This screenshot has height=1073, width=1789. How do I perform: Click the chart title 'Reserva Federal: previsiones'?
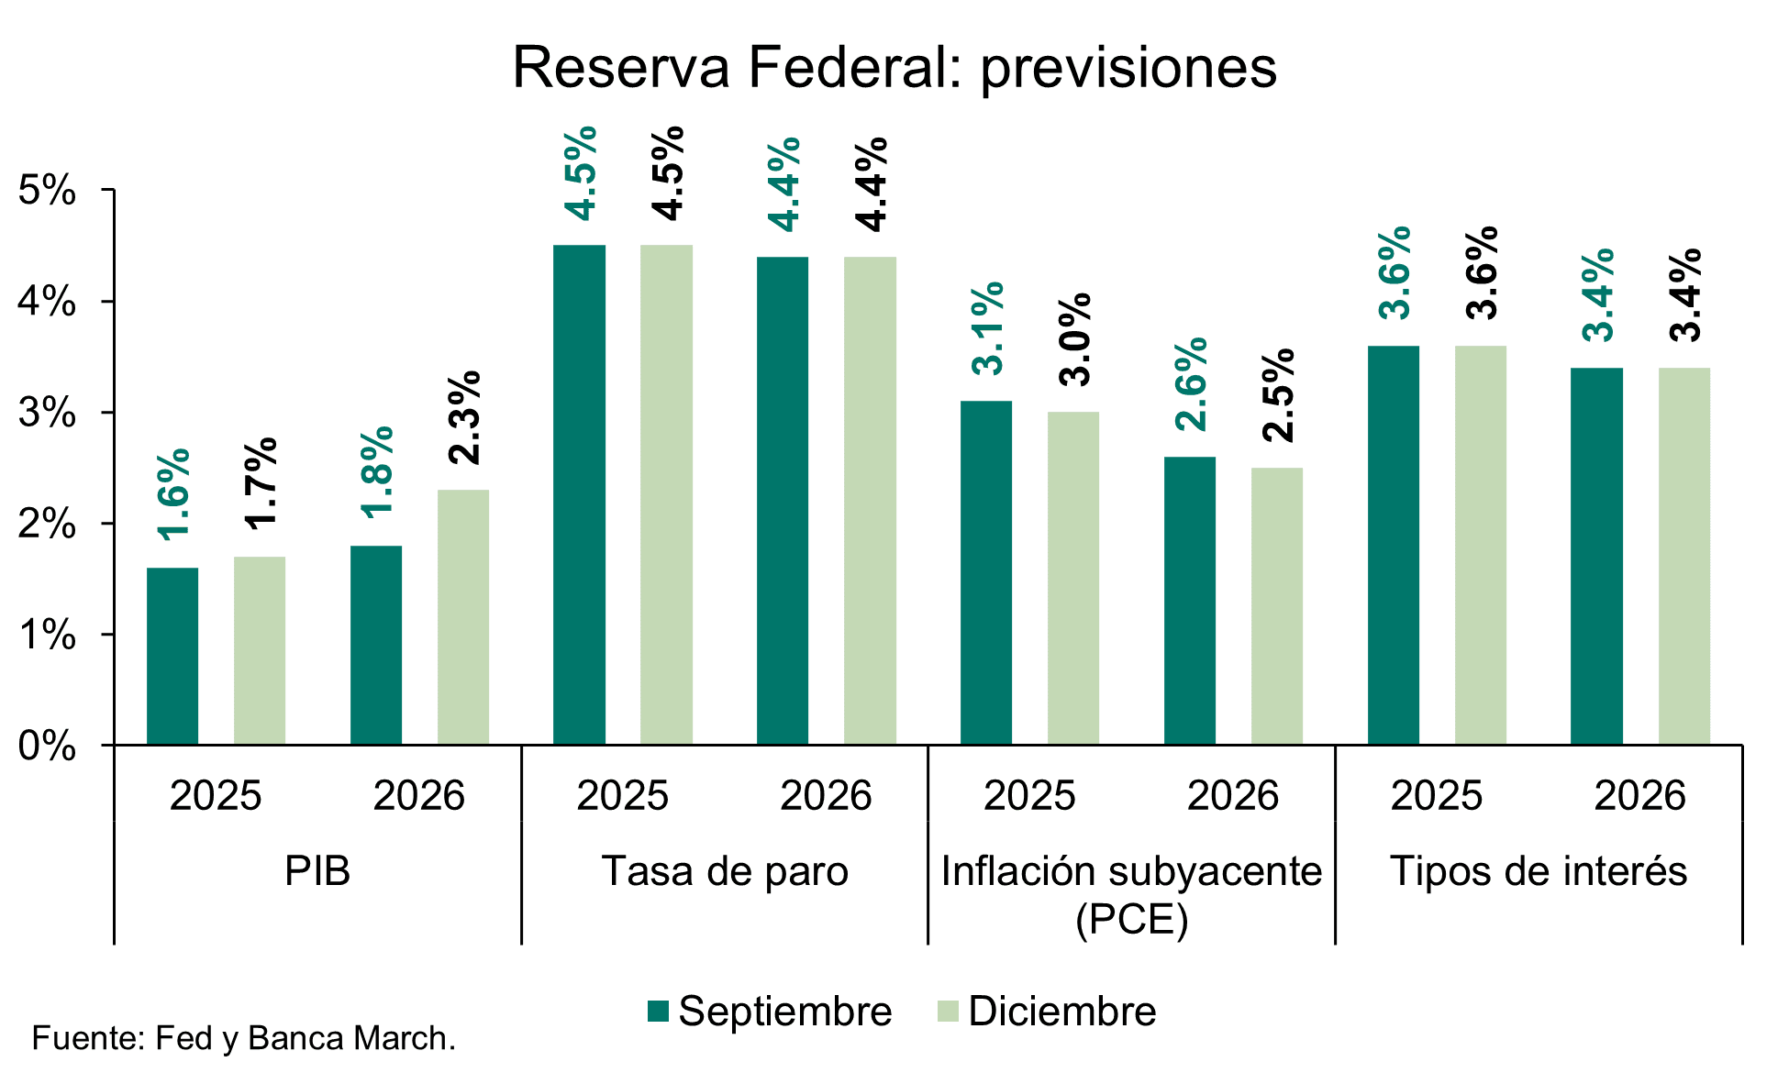[x=894, y=67]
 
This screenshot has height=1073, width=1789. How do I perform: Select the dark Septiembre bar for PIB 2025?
[x=172, y=656]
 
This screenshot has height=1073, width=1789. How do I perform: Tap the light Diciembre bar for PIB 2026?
[x=463, y=616]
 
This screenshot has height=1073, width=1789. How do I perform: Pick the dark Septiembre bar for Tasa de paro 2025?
[x=579, y=495]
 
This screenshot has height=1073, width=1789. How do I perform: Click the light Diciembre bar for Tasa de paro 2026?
[x=870, y=501]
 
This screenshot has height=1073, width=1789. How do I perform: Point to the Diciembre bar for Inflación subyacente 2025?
[x=1073, y=578]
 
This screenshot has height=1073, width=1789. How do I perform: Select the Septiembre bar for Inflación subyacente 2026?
[x=1190, y=601]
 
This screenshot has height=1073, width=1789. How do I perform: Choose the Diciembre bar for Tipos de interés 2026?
[x=1684, y=556]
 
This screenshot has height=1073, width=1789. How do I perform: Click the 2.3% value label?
[x=464, y=417]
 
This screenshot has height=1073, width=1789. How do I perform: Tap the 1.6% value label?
[x=173, y=494]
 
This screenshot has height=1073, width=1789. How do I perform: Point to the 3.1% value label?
[x=987, y=328]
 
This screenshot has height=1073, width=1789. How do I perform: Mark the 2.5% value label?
[x=1278, y=395]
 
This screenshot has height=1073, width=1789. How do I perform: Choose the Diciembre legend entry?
[x=1046, y=1012]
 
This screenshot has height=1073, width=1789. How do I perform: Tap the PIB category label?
[x=317, y=871]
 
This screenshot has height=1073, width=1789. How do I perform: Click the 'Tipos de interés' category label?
[x=1539, y=871]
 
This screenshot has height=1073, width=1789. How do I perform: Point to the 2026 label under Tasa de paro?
[x=826, y=796]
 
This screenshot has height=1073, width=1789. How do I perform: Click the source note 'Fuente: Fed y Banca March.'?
[x=244, y=1038]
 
